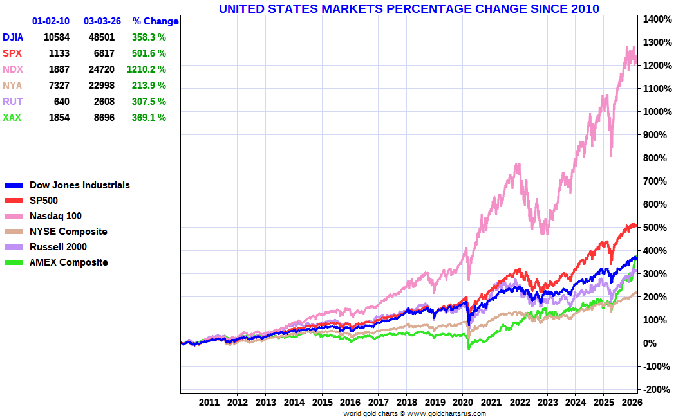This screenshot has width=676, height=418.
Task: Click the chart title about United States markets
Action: tap(409, 8)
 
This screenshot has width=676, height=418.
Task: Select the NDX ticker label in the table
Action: tap(12, 69)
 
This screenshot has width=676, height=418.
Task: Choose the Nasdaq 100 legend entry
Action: tap(55, 216)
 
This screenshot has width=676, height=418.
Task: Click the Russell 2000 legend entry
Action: tap(58, 247)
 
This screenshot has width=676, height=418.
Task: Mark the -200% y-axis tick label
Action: tap(655, 390)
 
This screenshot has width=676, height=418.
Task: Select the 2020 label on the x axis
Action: tap(463, 403)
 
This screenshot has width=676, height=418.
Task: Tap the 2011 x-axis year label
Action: tap(209, 403)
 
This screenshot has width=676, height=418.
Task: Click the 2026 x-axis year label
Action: tap(632, 403)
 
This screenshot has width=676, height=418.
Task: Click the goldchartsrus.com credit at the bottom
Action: tap(414, 413)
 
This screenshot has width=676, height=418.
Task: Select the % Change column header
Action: tap(156, 21)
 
